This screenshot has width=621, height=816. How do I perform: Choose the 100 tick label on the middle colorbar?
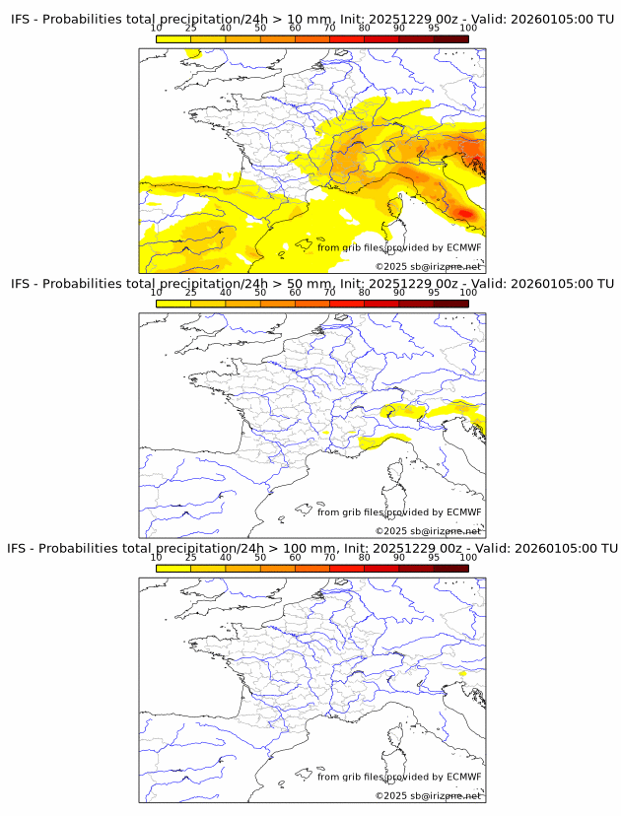[x=468, y=293]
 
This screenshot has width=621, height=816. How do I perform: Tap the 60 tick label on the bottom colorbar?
[x=295, y=557]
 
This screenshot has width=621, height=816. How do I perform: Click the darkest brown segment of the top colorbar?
[x=450, y=37]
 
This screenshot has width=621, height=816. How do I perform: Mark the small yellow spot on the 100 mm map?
[x=461, y=674]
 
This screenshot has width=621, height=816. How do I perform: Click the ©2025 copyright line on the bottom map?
[x=428, y=795]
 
